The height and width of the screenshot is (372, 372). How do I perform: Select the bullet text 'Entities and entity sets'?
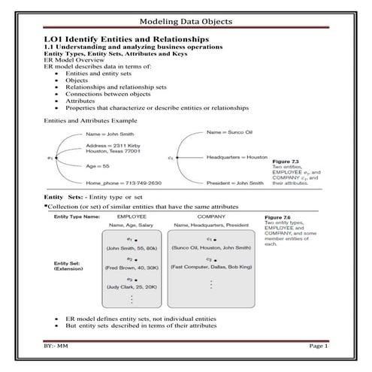(x=98, y=75)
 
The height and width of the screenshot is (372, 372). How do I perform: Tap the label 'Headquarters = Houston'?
(x=237, y=158)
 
